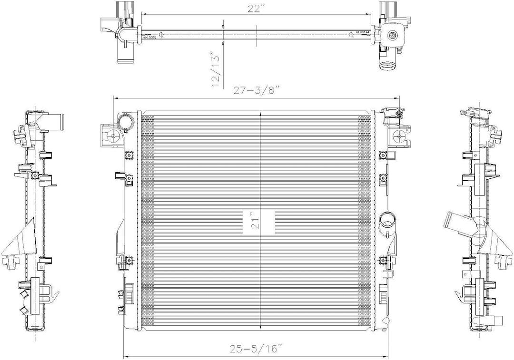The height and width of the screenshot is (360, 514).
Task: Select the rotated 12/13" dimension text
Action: [x=217, y=70]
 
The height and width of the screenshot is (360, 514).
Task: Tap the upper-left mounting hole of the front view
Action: [x=113, y=136]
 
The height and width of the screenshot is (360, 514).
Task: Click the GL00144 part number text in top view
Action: [x=363, y=32]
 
